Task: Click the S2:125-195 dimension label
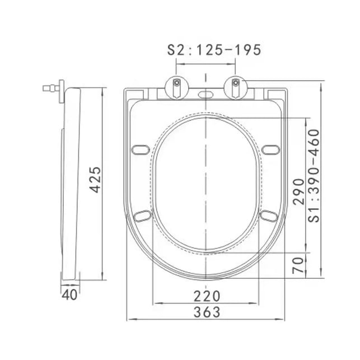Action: (x=214, y=50)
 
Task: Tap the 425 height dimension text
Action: (x=95, y=180)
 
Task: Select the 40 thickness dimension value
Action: (x=69, y=294)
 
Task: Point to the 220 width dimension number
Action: (x=207, y=296)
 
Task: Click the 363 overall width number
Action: (x=207, y=312)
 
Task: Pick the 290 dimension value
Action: (x=298, y=191)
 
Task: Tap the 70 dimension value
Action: (x=298, y=265)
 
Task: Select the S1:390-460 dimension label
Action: (x=314, y=176)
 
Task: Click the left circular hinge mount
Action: (x=177, y=87)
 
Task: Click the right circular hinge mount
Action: (x=236, y=87)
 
